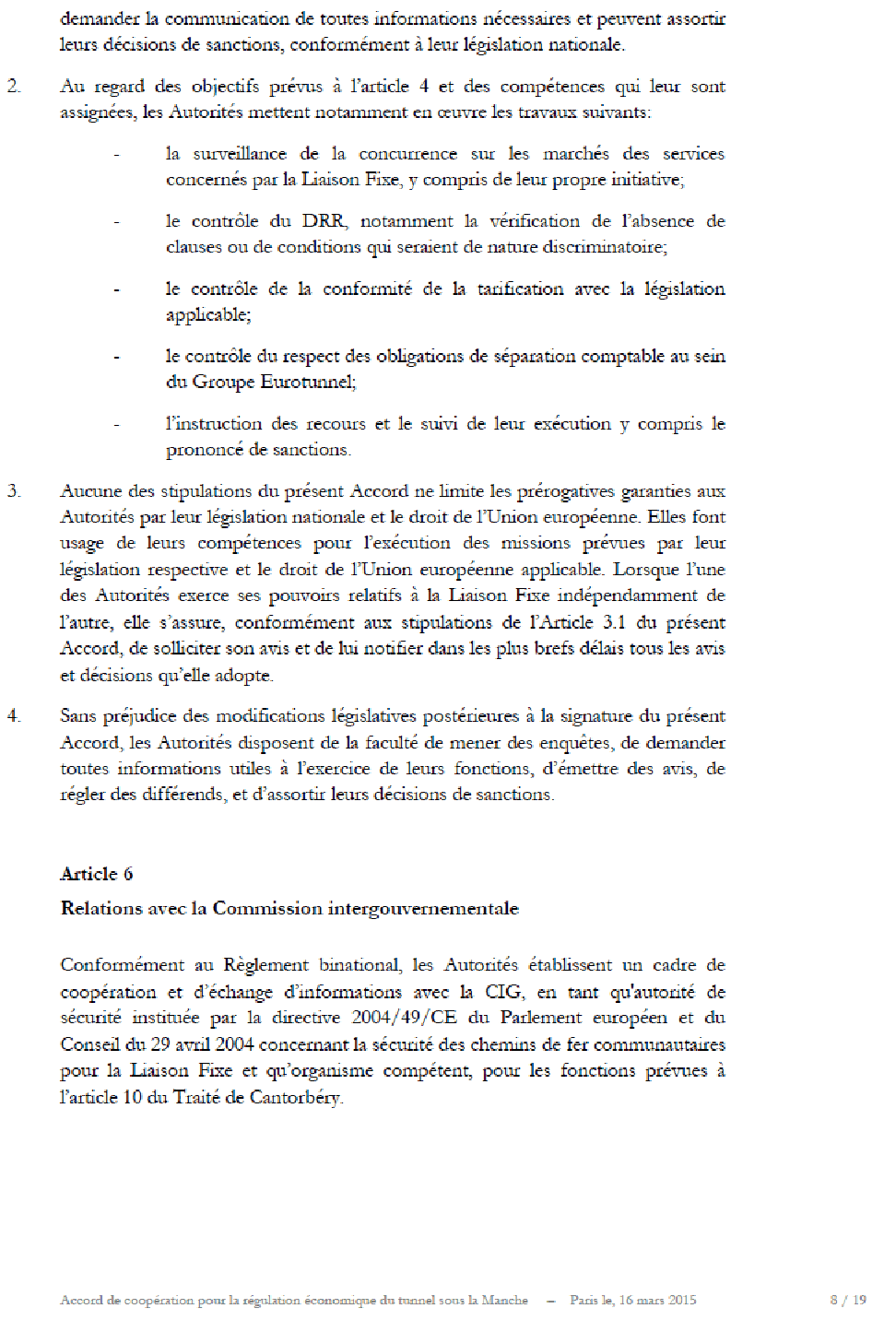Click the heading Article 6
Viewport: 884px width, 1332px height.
97,874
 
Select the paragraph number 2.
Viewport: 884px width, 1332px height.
14,87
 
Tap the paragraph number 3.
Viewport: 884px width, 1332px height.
14,491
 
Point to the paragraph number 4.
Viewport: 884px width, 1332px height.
14,716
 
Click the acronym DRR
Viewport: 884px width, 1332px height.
324,221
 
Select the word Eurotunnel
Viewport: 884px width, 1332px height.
308,382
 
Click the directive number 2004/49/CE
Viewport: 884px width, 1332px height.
404,1018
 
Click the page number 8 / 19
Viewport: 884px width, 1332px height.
848,1301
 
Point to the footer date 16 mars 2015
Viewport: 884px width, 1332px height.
657,1301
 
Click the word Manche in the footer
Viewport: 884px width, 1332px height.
505,1301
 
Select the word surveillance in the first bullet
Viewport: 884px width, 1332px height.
240,154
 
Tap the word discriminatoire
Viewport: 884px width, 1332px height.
604,247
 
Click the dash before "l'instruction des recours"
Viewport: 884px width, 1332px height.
117,425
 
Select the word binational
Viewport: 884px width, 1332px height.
360,965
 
